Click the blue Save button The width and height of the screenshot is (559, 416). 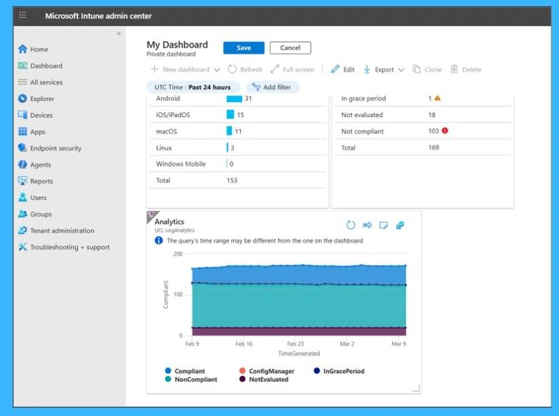coord(243,48)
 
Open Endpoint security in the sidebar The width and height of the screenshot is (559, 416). coord(55,148)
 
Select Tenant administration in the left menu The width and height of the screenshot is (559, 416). coord(62,231)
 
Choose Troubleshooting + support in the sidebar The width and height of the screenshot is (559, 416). coord(69,247)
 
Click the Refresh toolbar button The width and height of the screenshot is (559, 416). coord(245,69)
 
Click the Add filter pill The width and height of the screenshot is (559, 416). coord(272,87)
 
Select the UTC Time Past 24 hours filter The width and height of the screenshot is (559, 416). coord(192,87)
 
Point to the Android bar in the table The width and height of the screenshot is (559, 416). coord(235,99)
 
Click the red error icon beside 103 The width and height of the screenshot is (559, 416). coord(445,131)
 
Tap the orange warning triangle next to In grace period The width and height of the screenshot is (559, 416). coord(437,98)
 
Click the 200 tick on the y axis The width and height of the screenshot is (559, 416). coord(178,254)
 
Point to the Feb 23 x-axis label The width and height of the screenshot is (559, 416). coord(295,345)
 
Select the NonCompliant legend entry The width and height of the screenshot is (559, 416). coord(195,379)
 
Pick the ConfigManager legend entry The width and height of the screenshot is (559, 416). coord(271,371)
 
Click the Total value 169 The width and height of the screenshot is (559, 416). coord(433,148)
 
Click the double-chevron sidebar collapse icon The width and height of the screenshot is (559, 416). coord(118,33)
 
